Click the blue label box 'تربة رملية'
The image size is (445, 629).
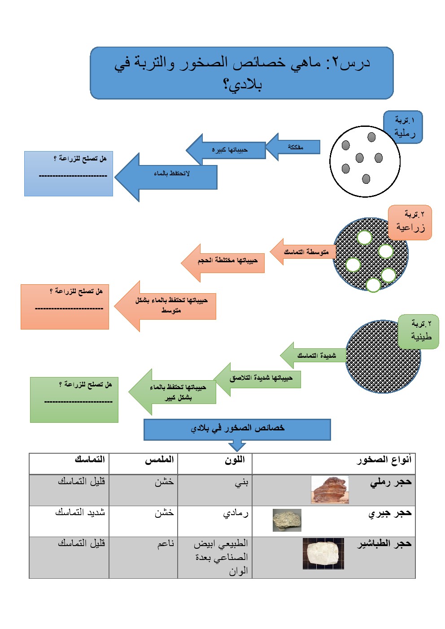click(402, 127)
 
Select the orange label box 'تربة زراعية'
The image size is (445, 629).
click(410, 222)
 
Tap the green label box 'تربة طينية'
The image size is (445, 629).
click(419, 332)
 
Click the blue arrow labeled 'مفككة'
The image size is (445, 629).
click(293, 147)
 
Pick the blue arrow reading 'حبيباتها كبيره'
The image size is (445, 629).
click(226, 150)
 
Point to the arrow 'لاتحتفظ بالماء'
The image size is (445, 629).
click(166, 177)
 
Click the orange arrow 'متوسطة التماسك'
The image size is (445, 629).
click(303, 252)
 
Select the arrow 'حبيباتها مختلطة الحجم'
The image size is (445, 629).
click(223, 263)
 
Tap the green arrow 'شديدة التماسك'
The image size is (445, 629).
click(313, 355)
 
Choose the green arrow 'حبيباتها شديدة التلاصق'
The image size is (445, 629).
click(257, 379)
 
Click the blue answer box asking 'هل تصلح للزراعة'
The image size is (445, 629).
click(69, 174)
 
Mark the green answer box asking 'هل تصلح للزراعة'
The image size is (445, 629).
click(74, 399)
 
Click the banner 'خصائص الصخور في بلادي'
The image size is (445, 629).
click(237, 429)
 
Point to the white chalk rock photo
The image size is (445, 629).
click(323, 554)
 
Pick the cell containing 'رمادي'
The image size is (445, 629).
click(215, 521)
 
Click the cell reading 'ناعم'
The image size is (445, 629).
click(143, 558)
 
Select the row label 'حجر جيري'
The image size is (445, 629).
click(390, 513)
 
